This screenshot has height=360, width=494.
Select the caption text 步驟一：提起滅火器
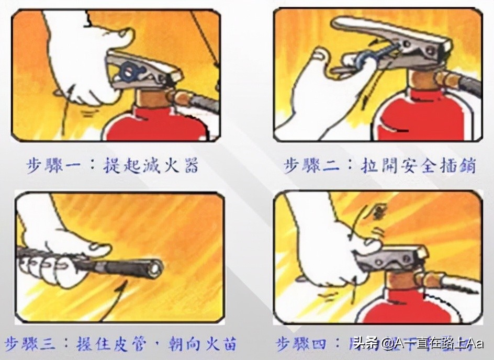point(113,166)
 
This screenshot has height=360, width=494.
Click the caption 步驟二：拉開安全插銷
point(379,166)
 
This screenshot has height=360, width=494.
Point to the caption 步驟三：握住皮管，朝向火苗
point(120,344)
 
